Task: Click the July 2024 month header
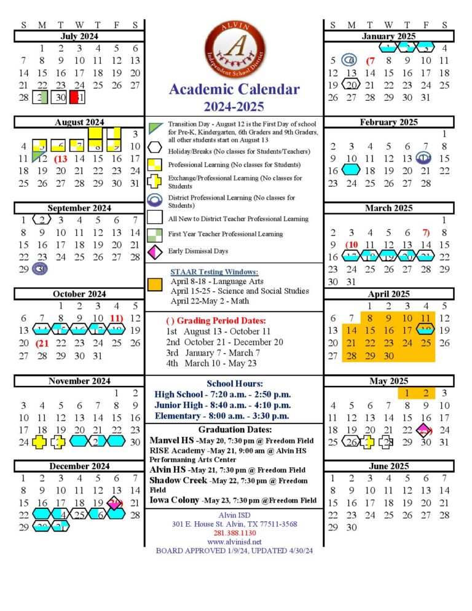[79, 36]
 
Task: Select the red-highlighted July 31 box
[76, 98]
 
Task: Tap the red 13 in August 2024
[60, 159]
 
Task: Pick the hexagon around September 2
[41, 220]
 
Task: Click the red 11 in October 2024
[116, 318]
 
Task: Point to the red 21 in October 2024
[42, 343]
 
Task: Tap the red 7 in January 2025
[370, 60]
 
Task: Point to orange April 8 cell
[370, 318]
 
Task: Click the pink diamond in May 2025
[425, 430]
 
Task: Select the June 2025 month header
[389, 466]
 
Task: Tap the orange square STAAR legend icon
[155, 284]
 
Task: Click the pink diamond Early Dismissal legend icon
[155, 251]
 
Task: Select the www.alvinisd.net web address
[234, 542]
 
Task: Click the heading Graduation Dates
[234, 430]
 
